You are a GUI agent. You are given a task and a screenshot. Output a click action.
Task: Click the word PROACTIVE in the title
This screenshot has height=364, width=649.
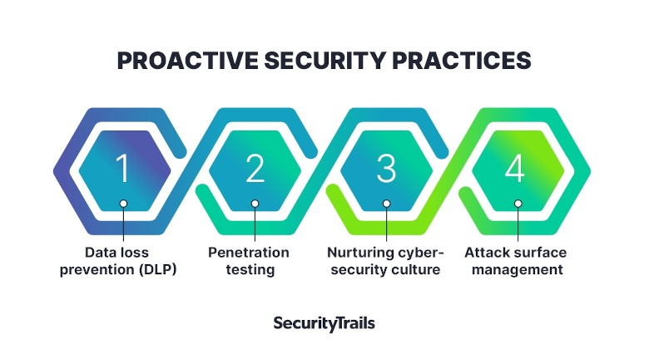pos(187,61)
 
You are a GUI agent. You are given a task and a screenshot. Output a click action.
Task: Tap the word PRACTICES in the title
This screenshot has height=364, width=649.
pos(462,61)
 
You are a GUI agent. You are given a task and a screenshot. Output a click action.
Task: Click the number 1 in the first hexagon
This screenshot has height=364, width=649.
pos(122,168)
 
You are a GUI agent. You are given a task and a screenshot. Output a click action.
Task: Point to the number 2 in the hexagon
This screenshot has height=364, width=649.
pos(255,168)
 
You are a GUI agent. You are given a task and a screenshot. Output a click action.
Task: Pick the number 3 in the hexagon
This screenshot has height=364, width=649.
pos(386,168)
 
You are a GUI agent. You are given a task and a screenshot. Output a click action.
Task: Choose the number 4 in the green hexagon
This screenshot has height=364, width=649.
pos(515,168)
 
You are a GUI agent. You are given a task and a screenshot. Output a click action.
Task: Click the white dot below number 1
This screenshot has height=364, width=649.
pos(123,204)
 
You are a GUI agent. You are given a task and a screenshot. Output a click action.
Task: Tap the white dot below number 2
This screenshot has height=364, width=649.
pos(255,204)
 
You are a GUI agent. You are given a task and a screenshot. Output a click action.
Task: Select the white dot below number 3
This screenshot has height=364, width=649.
pos(387,204)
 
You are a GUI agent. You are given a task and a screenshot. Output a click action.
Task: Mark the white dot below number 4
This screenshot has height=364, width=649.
pos(518,204)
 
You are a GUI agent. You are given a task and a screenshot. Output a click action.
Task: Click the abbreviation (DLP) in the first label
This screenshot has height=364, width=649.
pos(158,270)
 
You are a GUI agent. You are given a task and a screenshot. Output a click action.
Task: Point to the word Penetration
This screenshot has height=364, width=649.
pos(249,253)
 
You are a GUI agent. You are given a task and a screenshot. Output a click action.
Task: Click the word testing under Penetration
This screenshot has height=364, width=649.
pos(250,270)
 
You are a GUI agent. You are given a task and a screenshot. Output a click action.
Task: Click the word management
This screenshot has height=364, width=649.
pos(518,270)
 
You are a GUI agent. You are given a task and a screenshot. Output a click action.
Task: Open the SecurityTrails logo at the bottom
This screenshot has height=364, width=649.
pos(324,323)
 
